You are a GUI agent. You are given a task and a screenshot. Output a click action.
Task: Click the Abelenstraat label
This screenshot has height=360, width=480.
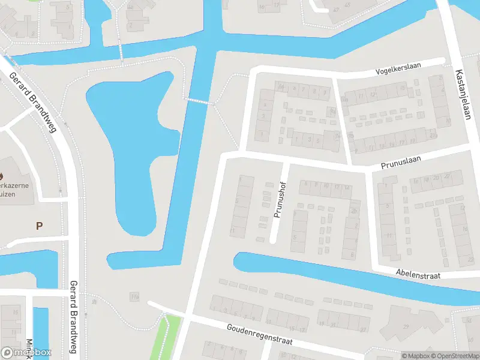tap(418, 274)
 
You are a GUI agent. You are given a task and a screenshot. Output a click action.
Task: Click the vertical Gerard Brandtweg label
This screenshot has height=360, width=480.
tap(74, 319)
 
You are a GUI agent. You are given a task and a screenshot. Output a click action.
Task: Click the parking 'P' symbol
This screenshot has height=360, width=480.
tap(40, 226)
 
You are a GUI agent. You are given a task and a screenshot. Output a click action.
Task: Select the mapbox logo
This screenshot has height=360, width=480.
tap(26, 353)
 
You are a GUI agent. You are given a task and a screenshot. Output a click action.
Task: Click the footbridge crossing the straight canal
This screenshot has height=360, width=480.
tap(199, 101)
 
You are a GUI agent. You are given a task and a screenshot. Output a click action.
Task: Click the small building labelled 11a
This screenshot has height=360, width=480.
tap(134, 297)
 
